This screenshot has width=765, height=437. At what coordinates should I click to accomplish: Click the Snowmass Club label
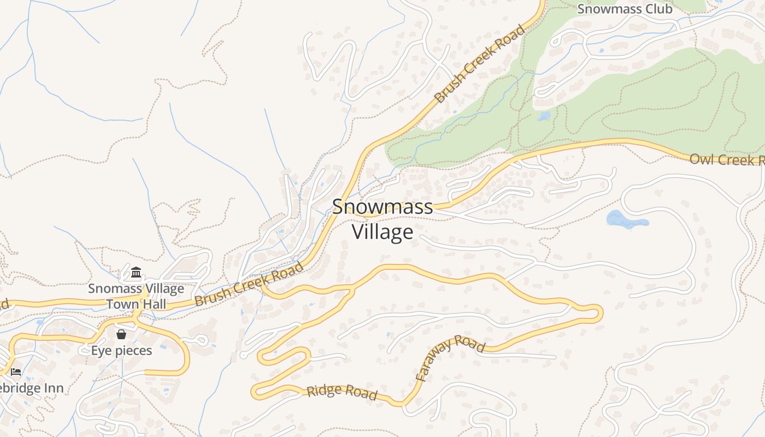coord(625,9)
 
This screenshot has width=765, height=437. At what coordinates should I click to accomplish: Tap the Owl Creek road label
coord(727,160)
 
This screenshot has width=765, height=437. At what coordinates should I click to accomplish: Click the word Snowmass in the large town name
coord(382,207)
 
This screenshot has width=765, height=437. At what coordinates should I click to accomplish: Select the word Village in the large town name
coord(382,232)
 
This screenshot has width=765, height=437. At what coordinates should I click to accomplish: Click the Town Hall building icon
coord(136,272)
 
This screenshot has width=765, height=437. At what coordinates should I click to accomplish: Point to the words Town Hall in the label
coord(136,304)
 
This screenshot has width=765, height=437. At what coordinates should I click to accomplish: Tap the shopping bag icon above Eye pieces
coord(121,334)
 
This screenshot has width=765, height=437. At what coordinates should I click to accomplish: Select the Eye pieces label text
coord(121,350)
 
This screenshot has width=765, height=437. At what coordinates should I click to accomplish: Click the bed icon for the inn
coord(16,372)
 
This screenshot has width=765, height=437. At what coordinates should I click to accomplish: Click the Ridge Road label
coord(342,392)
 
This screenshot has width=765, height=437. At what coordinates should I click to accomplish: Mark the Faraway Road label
coord(449,357)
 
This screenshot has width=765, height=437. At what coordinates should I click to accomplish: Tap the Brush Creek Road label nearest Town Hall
coord(249,285)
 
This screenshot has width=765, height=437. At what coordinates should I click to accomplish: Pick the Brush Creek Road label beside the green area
coord(479,64)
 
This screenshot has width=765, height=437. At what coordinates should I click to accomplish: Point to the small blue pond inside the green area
coord(544,116)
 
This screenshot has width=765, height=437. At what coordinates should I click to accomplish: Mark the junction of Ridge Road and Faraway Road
coord(404,403)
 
